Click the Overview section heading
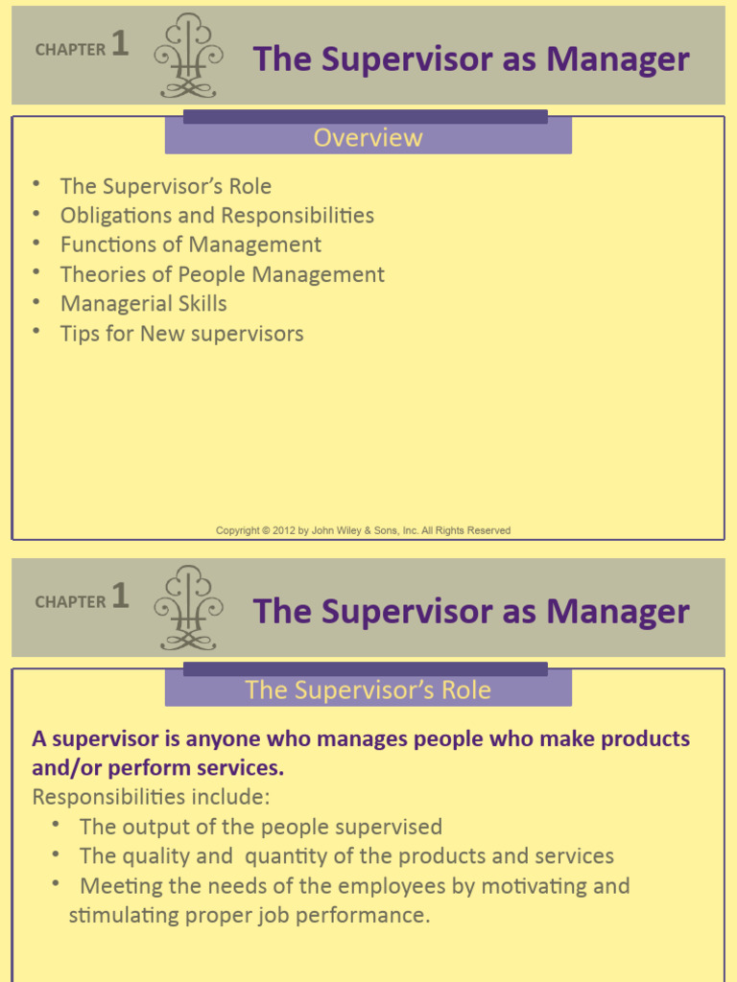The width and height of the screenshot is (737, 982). point(368,138)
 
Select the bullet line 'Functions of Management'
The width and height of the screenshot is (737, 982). point(190,245)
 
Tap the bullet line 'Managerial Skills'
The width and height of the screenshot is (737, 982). point(143,304)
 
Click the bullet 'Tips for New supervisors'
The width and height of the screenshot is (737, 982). point(181,334)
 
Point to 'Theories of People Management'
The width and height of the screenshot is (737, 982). point(222,274)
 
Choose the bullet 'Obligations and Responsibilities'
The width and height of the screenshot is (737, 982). point(217,215)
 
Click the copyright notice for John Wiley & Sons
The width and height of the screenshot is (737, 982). point(363,530)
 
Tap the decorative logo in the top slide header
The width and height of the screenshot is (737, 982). point(189,56)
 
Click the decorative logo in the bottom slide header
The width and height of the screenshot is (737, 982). point(189,608)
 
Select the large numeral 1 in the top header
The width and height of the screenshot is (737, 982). point(120,44)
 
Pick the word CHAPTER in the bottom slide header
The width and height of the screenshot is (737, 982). point(70,602)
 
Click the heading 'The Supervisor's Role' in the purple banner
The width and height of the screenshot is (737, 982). point(368,690)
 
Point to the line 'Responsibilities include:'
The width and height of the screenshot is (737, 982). point(151,797)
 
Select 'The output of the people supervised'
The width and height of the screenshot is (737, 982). point(260,827)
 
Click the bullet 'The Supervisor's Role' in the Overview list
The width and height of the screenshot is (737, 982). point(165,186)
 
